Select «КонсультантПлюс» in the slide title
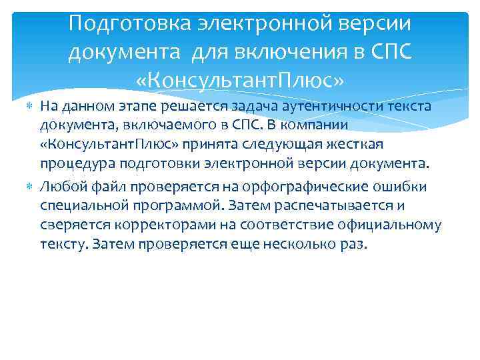239,81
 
